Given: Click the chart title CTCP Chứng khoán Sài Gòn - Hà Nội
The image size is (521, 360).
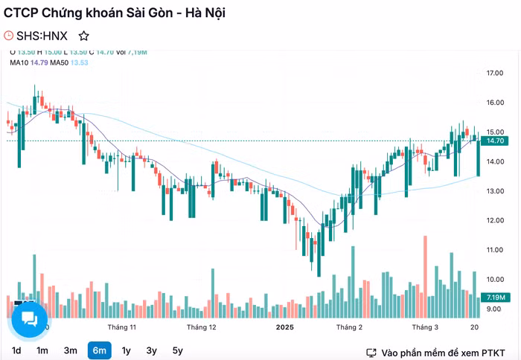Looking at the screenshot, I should coord(115,13).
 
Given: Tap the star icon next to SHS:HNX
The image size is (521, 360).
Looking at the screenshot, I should coord(84,36).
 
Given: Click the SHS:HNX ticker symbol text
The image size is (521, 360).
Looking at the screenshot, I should coord(42,36).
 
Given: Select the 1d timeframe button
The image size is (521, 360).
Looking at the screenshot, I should coord(16,350).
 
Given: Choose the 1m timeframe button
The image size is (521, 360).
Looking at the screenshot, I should coord(42,350).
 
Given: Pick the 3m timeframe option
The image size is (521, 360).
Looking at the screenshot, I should coord(71,350).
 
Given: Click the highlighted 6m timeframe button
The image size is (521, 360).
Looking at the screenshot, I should coord(99,350).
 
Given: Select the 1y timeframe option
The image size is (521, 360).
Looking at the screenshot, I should coord(126,350).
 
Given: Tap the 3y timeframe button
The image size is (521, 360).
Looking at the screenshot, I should coord(152,350).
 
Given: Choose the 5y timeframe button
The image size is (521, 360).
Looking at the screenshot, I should coord(177,350).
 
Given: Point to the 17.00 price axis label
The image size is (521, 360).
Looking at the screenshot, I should coord(495,74).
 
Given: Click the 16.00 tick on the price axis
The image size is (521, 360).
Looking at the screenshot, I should coord(495,103).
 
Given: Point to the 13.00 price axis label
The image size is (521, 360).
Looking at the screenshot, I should coord(495,191).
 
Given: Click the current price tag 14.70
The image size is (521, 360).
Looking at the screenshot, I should coord(496,141).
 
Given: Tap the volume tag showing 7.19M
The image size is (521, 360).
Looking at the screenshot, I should coord(496,298).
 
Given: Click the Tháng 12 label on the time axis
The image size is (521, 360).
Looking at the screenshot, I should coord(202,327).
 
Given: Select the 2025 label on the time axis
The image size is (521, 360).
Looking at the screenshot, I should coord(286,327).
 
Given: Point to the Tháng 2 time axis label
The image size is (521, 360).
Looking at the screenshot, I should coord(349,327).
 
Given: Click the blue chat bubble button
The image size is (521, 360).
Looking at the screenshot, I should coord(30,320).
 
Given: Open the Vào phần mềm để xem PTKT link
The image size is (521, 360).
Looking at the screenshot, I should coord(438,352).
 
